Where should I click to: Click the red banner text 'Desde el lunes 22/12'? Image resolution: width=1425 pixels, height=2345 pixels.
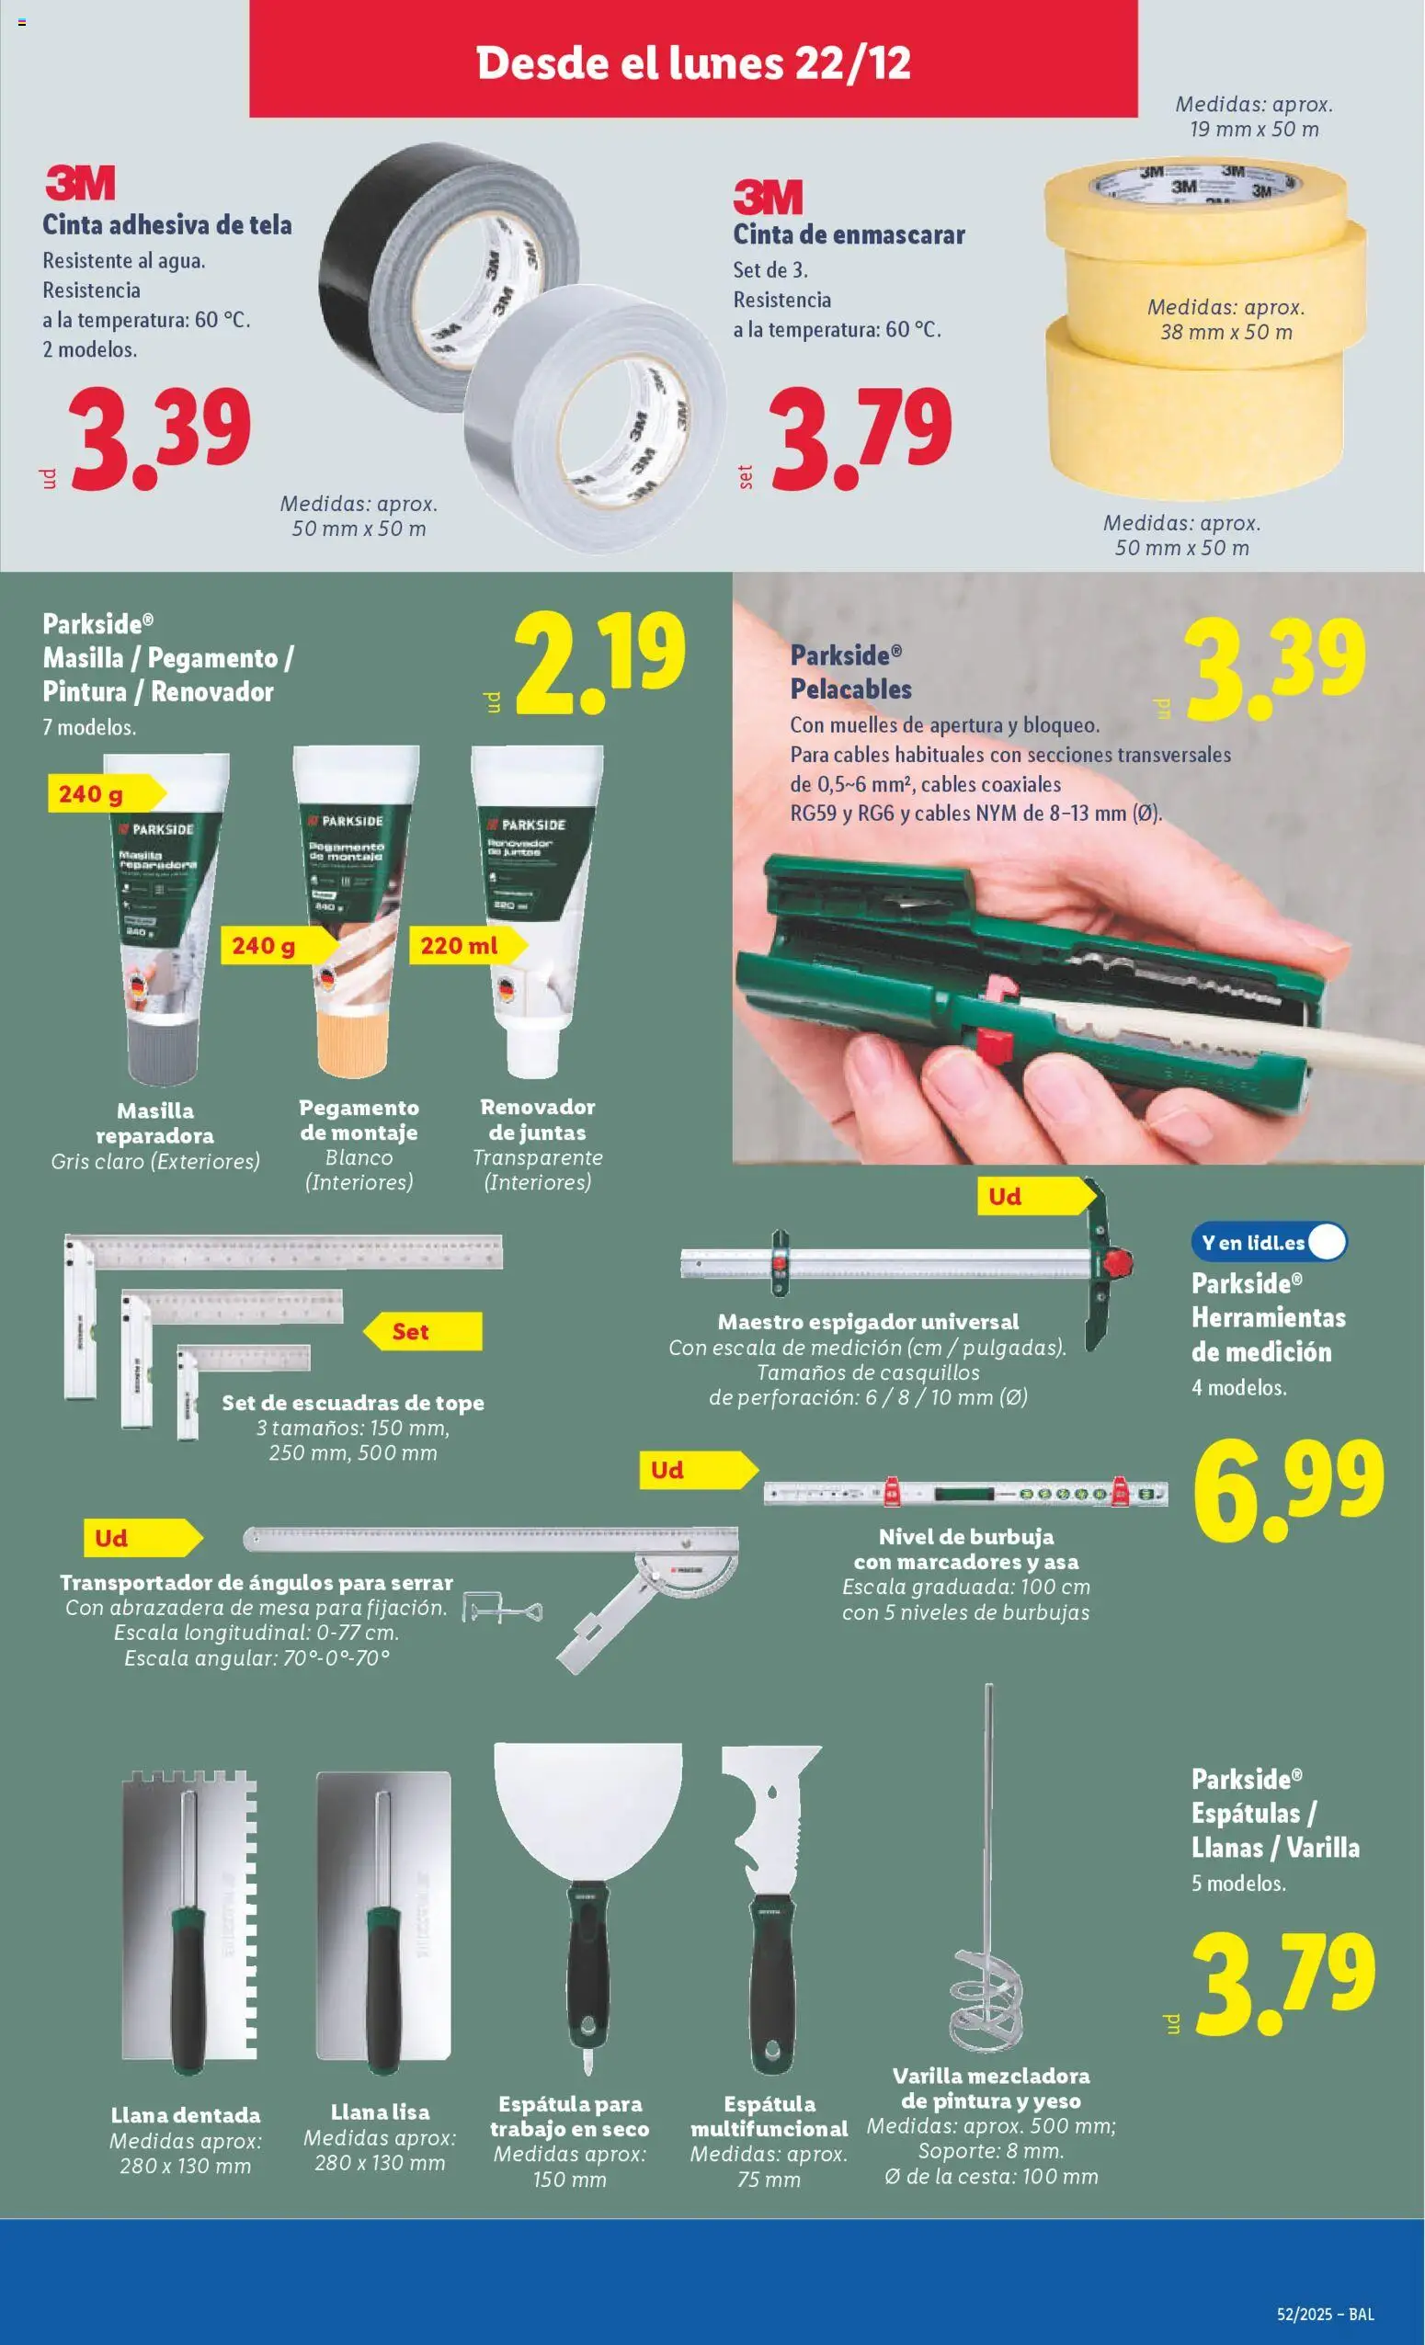pyautogui.click(x=693, y=63)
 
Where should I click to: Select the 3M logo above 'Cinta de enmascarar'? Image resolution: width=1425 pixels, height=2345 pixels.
pyautogui.click(x=768, y=198)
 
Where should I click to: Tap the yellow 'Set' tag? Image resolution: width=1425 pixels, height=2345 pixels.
pyautogui.click(x=419, y=1331)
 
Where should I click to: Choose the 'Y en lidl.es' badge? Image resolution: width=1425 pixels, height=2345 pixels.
pyautogui.click(x=1267, y=1242)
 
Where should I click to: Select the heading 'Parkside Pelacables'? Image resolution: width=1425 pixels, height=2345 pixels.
pyautogui.click(x=850, y=672)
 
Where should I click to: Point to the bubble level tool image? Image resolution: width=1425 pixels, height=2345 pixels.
pyautogui.click(x=964, y=1491)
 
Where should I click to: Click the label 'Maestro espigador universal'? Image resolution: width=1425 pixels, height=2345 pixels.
pyautogui.click(x=867, y=1321)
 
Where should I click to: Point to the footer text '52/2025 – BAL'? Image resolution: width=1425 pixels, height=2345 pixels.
pyautogui.click(x=1325, y=2314)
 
